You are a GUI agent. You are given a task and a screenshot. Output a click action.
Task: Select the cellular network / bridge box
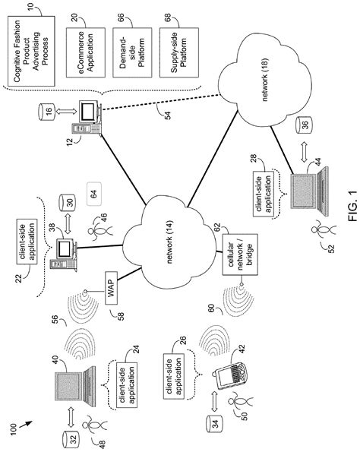click(x=240, y=254)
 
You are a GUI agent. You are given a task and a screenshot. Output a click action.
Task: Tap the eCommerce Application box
click(x=86, y=52)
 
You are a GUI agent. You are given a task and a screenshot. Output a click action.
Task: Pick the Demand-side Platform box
click(x=132, y=52)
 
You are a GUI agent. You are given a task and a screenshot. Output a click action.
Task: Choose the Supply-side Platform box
click(x=179, y=52)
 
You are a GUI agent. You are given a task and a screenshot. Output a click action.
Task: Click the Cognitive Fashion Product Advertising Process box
click(x=31, y=51)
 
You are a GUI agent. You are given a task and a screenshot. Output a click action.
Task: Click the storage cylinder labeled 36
click(x=304, y=125)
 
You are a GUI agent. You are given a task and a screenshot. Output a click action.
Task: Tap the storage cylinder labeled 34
click(x=214, y=423)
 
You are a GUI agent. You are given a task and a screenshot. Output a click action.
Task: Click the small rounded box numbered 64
click(x=94, y=194)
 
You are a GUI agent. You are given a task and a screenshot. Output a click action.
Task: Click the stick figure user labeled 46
click(x=99, y=231)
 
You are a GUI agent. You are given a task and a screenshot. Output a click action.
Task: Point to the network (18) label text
click(x=264, y=80)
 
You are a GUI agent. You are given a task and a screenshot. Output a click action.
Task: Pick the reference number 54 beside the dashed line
click(x=168, y=115)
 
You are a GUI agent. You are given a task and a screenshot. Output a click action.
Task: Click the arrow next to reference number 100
click(x=26, y=425)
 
